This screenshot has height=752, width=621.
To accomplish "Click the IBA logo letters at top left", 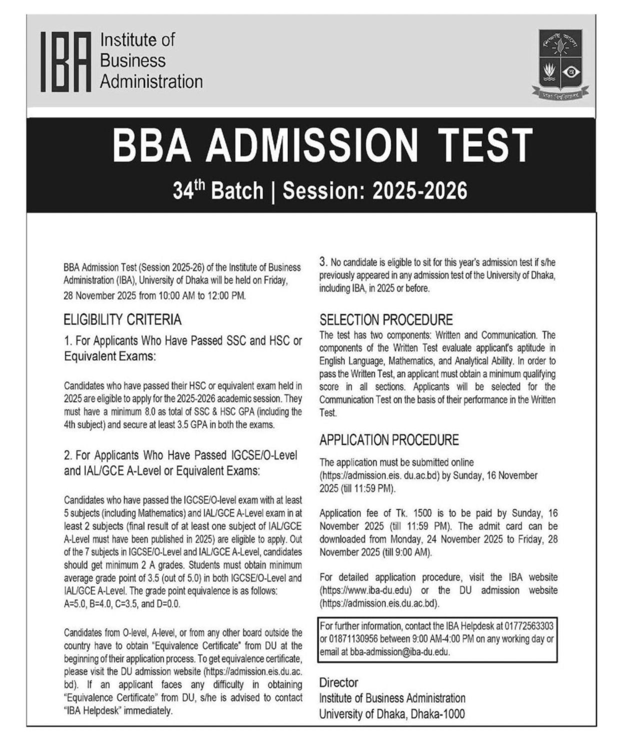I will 66,62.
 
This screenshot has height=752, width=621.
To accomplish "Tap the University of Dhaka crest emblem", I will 560,63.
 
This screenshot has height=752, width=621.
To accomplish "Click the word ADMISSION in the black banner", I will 310,145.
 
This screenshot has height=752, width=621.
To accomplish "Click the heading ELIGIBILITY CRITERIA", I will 122,319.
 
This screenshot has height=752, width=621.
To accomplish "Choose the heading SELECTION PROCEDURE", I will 386,320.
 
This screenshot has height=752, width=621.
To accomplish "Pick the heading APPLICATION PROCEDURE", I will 389,440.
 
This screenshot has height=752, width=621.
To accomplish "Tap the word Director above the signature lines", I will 338,683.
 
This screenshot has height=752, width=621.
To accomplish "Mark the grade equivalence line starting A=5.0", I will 122,604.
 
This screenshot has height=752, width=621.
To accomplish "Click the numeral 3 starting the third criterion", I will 323,261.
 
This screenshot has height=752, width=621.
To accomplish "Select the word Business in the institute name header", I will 132,60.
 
